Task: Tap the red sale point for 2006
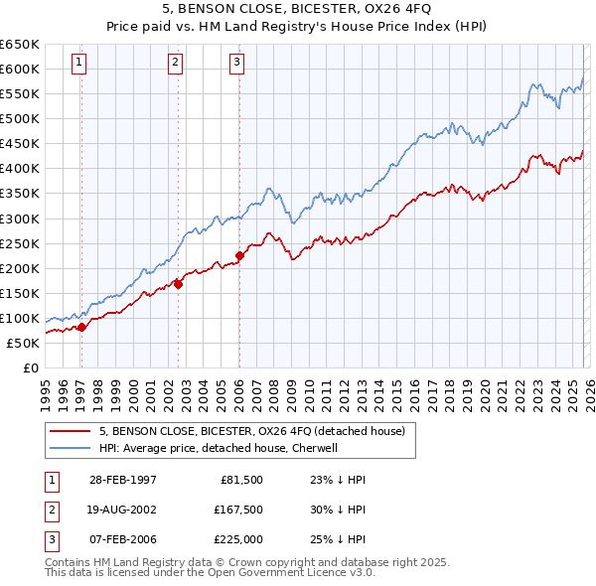tap(239, 255)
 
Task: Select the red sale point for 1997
tap(81, 327)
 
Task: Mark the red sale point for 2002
tap(178, 284)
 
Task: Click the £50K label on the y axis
tap(23, 343)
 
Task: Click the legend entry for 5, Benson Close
tap(251, 432)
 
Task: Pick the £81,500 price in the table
tap(241, 479)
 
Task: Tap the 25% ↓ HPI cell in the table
tap(338, 540)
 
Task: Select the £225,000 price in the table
tap(238, 540)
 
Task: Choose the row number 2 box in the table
tap(51, 510)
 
